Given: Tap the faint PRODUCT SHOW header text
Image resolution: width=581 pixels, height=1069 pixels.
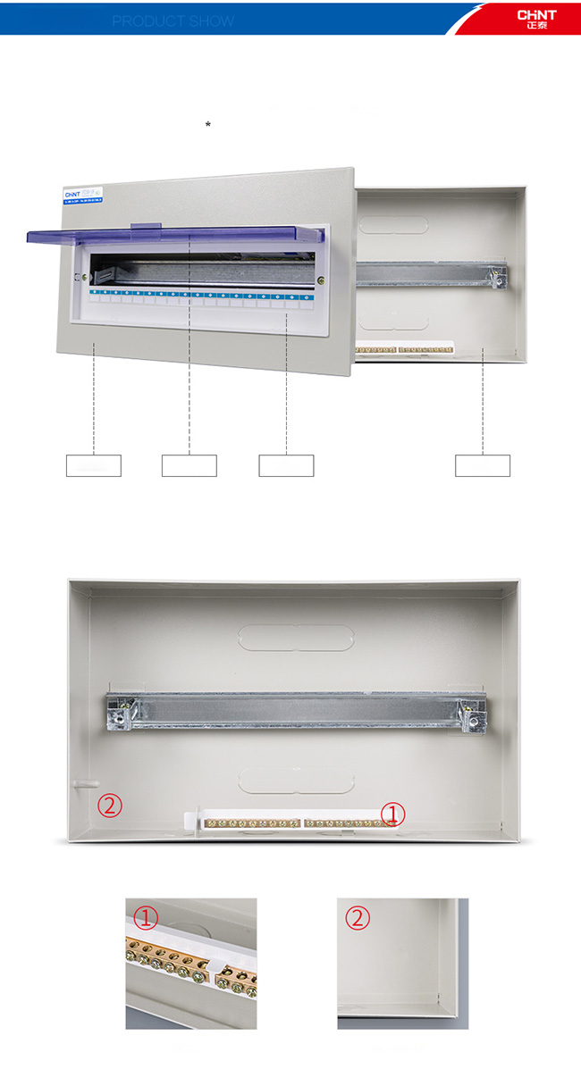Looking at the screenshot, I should pyautogui.click(x=173, y=21).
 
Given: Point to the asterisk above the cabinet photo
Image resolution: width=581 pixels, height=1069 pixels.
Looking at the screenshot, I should pyautogui.click(x=208, y=125).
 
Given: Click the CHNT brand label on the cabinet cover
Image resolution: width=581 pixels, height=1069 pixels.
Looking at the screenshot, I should pyautogui.click(x=72, y=193).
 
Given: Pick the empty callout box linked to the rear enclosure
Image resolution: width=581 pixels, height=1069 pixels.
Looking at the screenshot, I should pyautogui.click(x=483, y=465).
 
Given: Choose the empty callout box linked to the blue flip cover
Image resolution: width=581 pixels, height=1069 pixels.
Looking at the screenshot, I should pyautogui.click(x=189, y=465).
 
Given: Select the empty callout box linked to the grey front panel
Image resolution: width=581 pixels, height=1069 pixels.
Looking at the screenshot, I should pyautogui.click(x=93, y=465).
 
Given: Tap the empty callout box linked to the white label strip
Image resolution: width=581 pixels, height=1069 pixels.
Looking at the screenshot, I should pyautogui.click(x=286, y=465).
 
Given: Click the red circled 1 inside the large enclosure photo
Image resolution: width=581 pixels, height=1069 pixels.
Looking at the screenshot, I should pyautogui.click(x=393, y=813).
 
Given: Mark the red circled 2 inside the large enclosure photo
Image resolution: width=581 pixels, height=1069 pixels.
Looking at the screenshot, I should pyautogui.click(x=109, y=806).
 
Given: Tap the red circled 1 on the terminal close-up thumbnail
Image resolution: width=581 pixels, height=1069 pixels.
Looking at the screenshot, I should pyautogui.click(x=146, y=917).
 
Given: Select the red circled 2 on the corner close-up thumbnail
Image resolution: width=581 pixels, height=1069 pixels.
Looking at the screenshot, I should pyautogui.click(x=358, y=918).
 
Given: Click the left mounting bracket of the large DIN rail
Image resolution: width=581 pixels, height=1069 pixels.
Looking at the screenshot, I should pyautogui.click(x=118, y=711).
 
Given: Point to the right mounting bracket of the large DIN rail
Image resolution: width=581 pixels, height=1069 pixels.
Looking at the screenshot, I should pyautogui.click(x=470, y=712).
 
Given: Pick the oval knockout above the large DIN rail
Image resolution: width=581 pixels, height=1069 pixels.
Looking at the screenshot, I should pyautogui.click(x=295, y=636).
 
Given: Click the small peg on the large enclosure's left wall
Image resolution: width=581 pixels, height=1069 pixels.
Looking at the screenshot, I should pyautogui.click(x=78, y=783).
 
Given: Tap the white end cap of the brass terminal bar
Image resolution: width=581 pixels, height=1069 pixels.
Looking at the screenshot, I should pyautogui.click(x=190, y=821).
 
